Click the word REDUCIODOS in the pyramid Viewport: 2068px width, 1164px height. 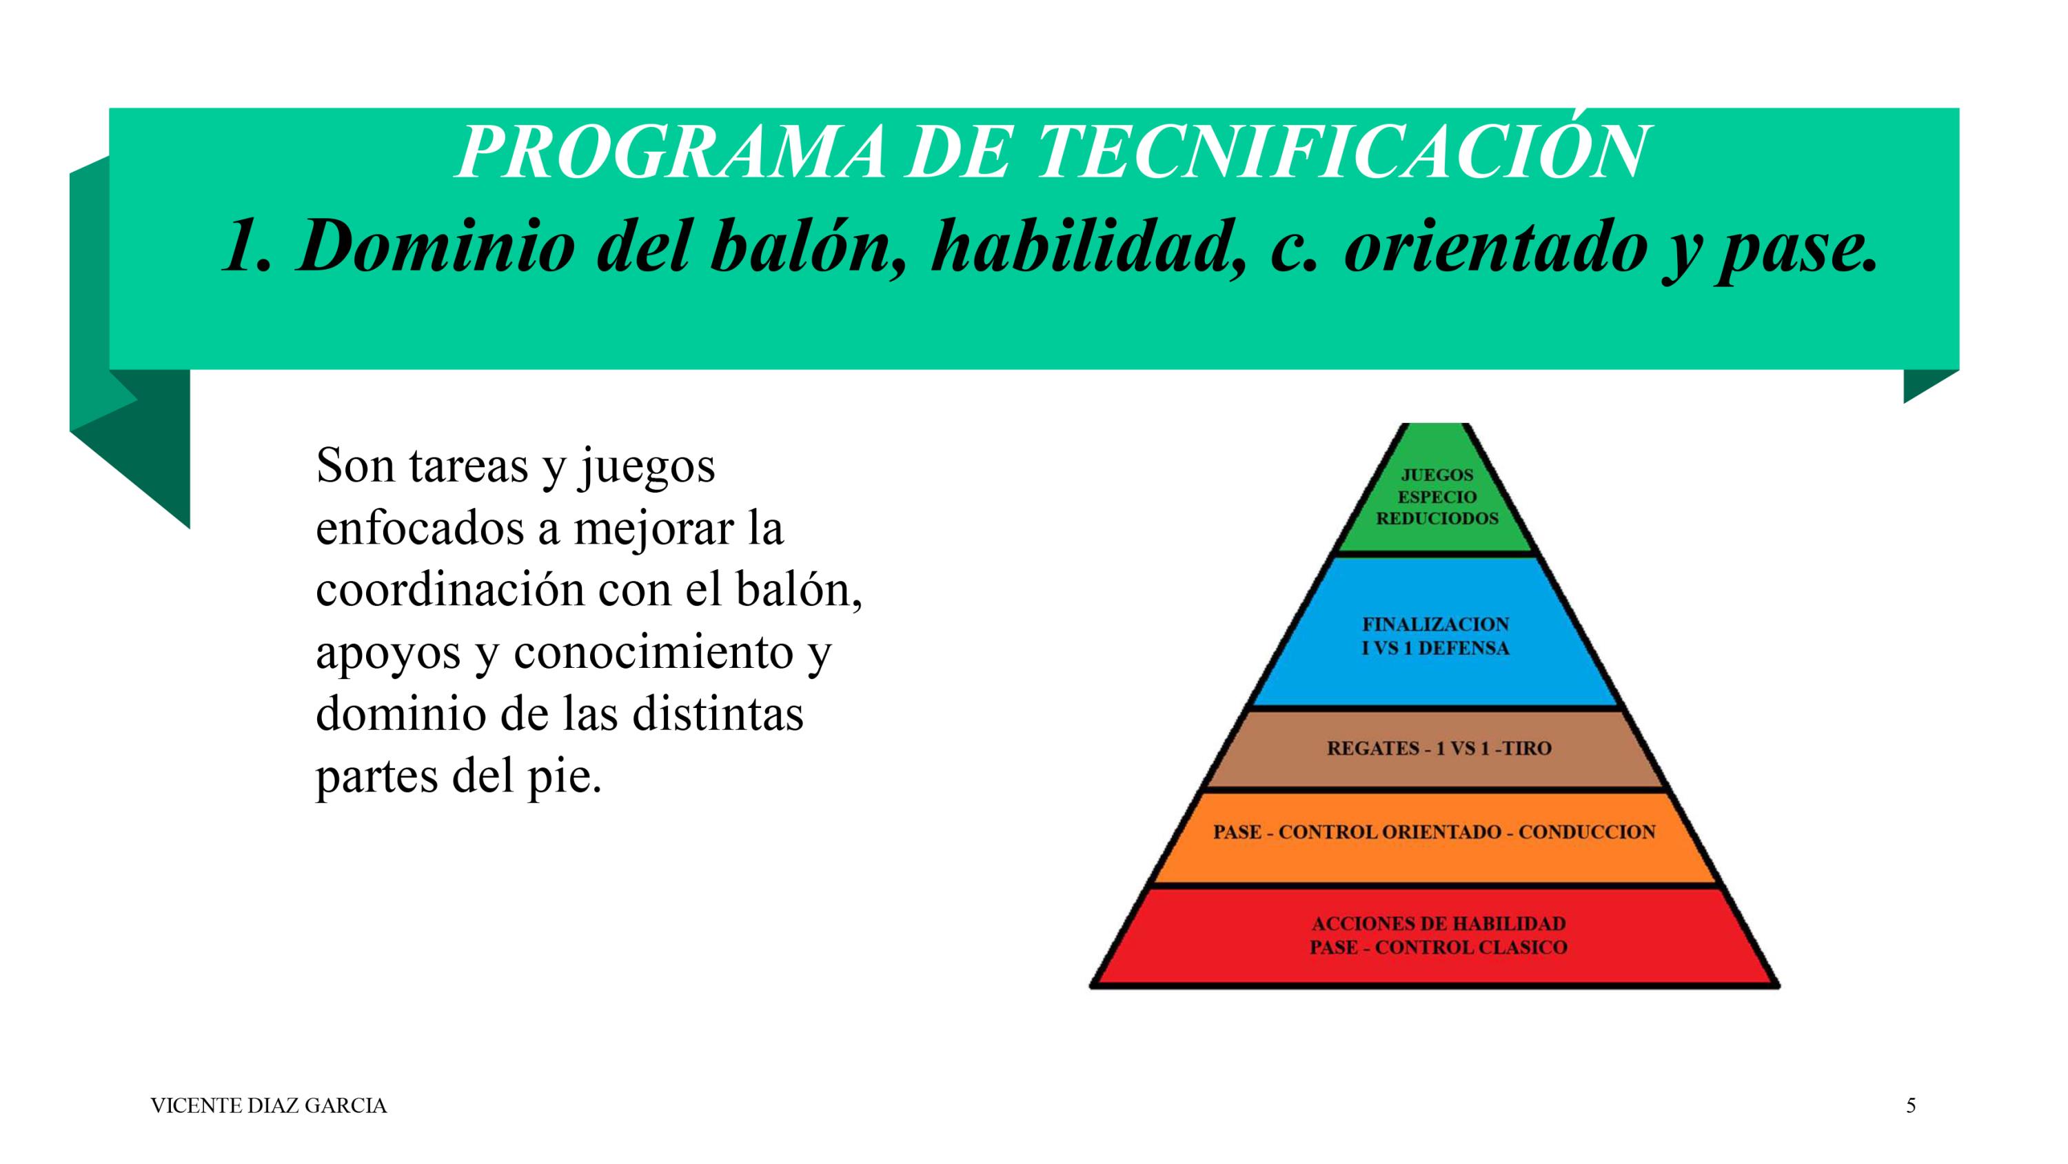[x=1437, y=518]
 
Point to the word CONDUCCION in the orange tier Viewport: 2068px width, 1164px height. [x=1586, y=831]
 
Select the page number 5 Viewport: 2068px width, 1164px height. [x=1911, y=1106]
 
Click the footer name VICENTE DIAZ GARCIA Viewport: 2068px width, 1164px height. [x=268, y=1106]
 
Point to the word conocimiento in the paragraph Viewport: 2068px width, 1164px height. [x=653, y=652]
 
